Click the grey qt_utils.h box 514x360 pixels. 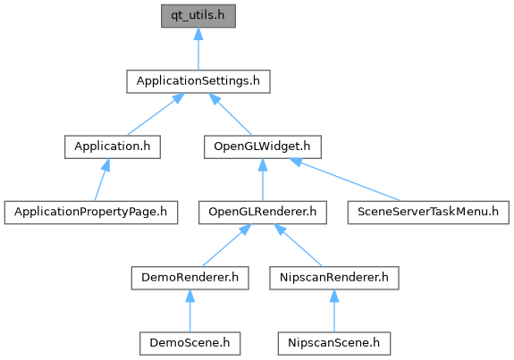(x=198, y=16)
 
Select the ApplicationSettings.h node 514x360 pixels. (x=198, y=81)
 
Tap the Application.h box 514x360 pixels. (x=113, y=147)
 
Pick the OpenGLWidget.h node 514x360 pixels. (x=263, y=147)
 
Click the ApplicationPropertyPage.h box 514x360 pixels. (x=91, y=213)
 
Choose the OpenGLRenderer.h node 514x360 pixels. (x=263, y=213)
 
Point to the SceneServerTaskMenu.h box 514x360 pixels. (x=428, y=213)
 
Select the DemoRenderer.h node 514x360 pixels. (x=190, y=278)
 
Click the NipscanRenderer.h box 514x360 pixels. (x=334, y=278)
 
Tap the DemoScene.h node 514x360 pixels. (x=190, y=343)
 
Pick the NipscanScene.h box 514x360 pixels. (x=334, y=343)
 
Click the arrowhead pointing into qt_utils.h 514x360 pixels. (x=198, y=34)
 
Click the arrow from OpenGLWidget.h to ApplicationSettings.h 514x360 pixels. (x=231, y=114)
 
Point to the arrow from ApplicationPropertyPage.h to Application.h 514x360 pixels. (x=102, y=180)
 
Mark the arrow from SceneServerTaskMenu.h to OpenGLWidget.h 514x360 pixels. (x=345, y=180)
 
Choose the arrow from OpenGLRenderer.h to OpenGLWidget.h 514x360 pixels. (x=263, y=180)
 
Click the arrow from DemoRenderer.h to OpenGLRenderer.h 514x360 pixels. (x=227, y=246)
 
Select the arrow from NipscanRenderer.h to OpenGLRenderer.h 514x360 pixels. (x=299, y=246)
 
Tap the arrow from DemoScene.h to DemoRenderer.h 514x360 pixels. (x=190, y=311)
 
